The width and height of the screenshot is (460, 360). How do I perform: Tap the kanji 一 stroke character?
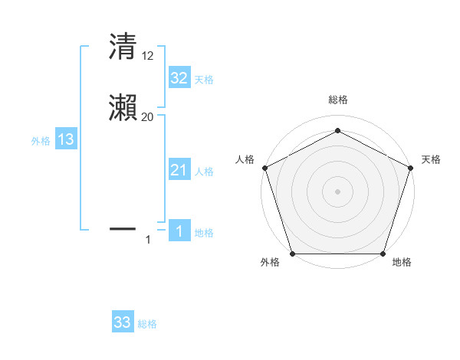pos(123,227)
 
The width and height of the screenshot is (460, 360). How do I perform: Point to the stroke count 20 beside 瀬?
pos(147,117)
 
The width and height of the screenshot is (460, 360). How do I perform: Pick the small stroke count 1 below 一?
pos(148,240)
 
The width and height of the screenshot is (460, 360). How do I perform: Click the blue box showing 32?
pos(179,78)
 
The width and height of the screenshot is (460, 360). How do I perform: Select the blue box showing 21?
pos(179,170)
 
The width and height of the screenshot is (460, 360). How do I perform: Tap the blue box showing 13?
pos(66,139)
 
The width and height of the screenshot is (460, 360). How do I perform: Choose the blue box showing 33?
pos(122,322)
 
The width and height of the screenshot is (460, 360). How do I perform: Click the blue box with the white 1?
pos(179,231)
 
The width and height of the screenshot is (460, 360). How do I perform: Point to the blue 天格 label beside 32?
pos(204,80)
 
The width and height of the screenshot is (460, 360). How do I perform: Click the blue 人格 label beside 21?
pos(204,172)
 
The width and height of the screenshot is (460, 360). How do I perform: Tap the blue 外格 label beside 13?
pos(41,141)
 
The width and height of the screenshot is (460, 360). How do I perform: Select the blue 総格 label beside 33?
pos(147,324)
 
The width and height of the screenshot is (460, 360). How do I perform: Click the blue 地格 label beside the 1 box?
pos(204,233)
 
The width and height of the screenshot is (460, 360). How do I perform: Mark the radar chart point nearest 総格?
pos(337,131)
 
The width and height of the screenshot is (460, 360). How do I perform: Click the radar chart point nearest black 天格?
pos(411,168)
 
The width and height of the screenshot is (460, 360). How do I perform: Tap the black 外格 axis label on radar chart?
pos(270,262)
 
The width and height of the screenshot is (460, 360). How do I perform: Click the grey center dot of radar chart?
pos(337,191)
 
